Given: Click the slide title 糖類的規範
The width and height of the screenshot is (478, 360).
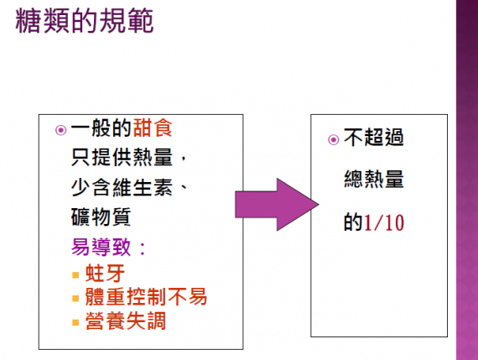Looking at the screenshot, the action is click(x=84, y=20).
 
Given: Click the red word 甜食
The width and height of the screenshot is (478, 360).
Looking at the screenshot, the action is click(x=153, y=128).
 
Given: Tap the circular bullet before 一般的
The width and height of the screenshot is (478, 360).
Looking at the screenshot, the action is click(x=60, y=130).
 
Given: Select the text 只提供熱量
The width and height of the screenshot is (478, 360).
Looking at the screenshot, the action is click(x=122, y=157).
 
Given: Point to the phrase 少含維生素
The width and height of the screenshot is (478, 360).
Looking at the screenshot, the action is click(x=122, y=187).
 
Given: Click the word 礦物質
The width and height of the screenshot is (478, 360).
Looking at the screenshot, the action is click(x=101, y=217).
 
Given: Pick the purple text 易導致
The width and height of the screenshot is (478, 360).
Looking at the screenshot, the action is click(x=101, y=247).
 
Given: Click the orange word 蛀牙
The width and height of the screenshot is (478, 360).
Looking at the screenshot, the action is click(x=105, y=273).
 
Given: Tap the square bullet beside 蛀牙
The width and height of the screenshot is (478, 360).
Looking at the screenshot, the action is click(x=75, y=275).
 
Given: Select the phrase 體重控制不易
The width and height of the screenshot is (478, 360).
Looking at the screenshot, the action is click(x=146, y=296).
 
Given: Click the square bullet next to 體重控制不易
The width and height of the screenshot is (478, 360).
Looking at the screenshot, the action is click(x=75, y=298).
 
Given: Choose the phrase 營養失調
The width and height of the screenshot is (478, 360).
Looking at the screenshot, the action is click(x=126, y=321).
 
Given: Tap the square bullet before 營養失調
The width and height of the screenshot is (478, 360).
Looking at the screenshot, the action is click(x=75, y=322).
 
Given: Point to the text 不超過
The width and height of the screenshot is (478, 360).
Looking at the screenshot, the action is click(x=374, y=137).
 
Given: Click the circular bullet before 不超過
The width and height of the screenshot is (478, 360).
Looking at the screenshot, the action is click(x=334, y=140).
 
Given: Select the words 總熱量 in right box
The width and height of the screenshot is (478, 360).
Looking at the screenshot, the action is click(x=374, y=179).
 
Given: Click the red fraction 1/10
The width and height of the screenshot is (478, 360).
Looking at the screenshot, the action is click(x=384, y=222).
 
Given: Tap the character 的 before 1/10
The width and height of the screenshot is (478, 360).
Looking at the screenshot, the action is click(x=353, y=222).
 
